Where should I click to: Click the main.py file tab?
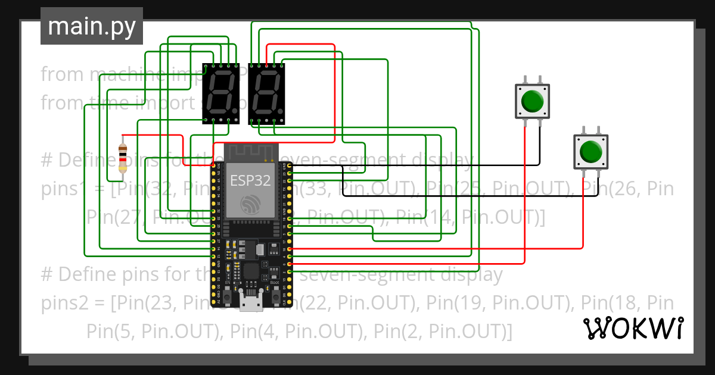click(x=91, y=26)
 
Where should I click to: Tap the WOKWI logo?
click(x=633, y=328)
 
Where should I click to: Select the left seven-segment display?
click(x=221, y=94)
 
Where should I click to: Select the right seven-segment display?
click(x=266, y=94)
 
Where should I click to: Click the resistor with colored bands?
click(x=123, y=158)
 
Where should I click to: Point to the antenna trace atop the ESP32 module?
click(x=251, y=152)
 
